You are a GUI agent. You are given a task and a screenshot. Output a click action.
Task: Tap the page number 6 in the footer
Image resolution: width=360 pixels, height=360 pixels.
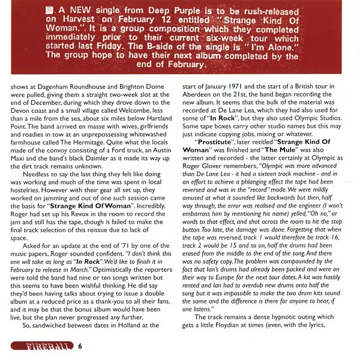tap(80, 346)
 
